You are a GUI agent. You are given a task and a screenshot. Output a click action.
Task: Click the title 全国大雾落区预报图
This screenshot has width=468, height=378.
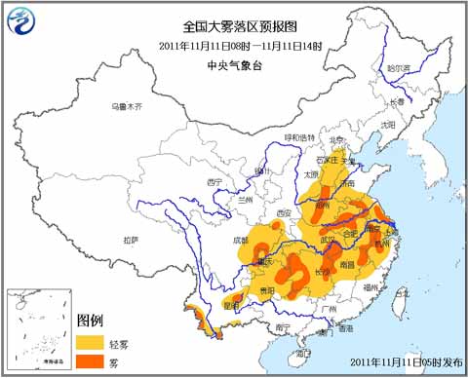coord(234,26)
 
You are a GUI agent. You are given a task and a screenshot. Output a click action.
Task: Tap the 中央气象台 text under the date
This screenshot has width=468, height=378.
coord(234,64)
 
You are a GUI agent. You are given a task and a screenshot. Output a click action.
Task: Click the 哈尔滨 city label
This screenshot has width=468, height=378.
coord(399,68)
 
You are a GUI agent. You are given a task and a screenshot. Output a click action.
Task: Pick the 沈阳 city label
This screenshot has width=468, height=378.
coord(388,125)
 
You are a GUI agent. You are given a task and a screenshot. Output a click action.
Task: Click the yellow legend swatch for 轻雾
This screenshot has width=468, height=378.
coord(92,342)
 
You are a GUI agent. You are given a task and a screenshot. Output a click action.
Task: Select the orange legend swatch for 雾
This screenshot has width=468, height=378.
coord(92,361)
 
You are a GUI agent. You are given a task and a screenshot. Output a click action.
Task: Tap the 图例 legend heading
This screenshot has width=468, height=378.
coord(90,321)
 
